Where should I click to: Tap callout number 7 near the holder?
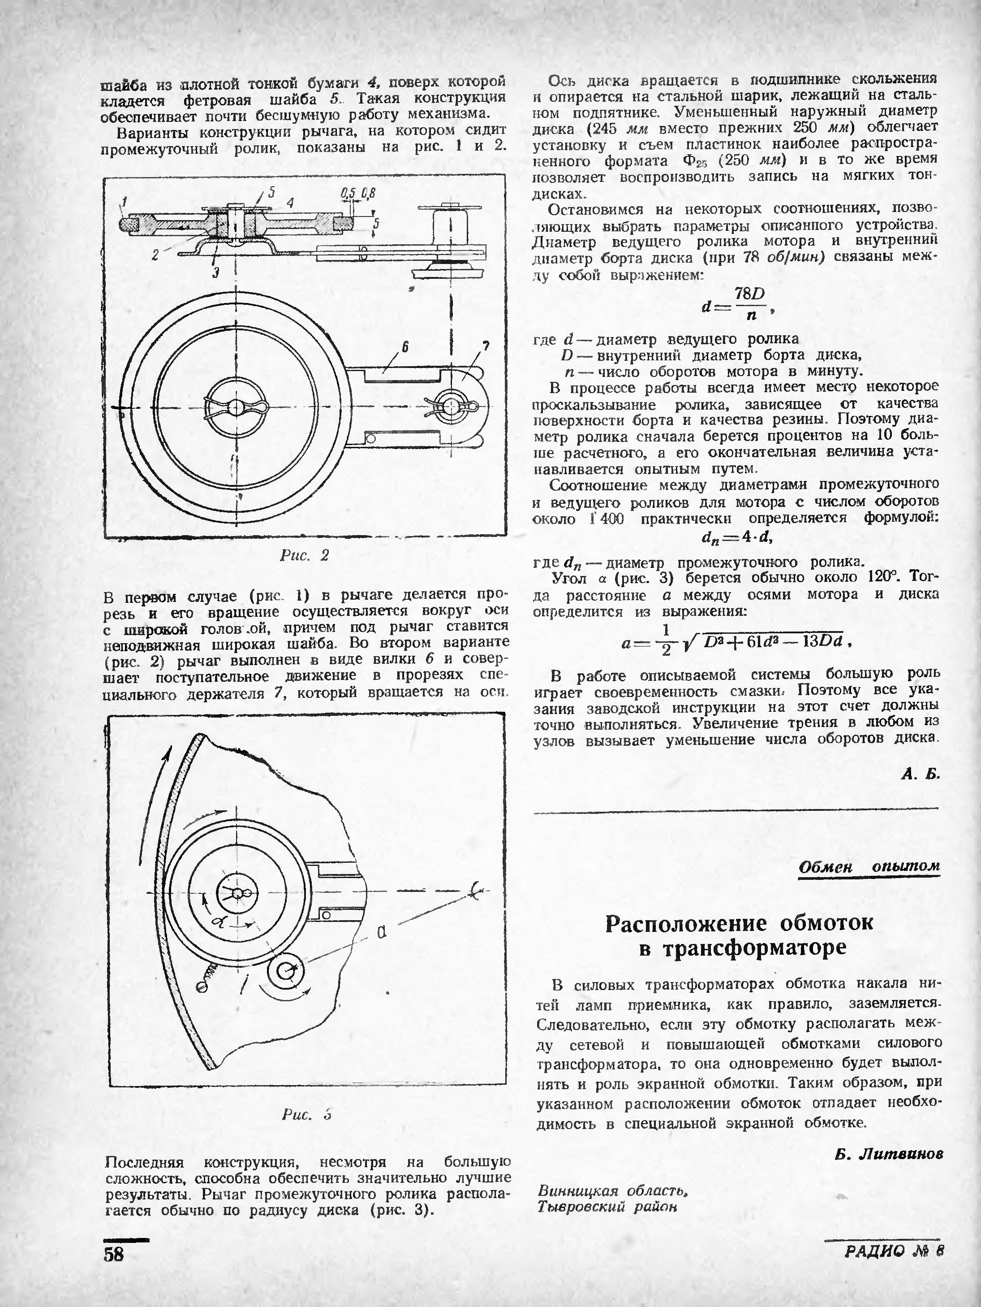point(486,347)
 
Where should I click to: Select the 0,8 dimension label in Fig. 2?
point(369,193)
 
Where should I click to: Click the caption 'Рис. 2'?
point(304,555)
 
